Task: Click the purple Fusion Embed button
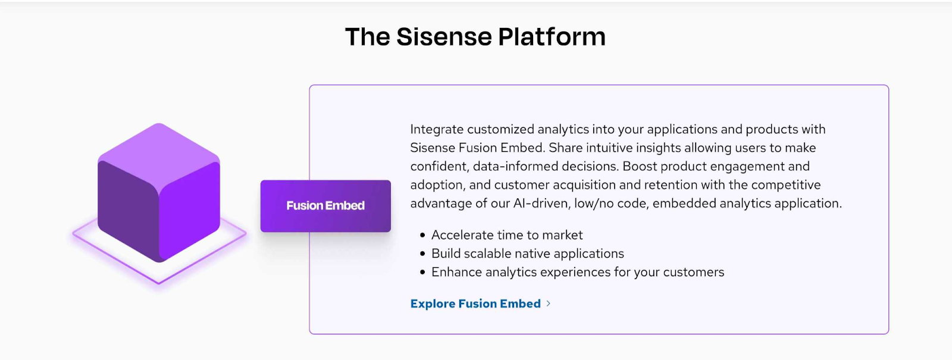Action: tap(325, 206)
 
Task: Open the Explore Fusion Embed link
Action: tap(475, 303)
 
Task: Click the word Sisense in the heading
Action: tap(443, 37)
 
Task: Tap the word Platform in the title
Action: tap(552, 37)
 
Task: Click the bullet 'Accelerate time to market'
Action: tap(506, 235)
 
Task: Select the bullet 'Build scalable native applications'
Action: tap(527, 253)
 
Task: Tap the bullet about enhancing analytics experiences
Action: tap(577, 272)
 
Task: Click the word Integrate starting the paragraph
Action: tap(436, 130)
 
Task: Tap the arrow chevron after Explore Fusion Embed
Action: tap(548, 303)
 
